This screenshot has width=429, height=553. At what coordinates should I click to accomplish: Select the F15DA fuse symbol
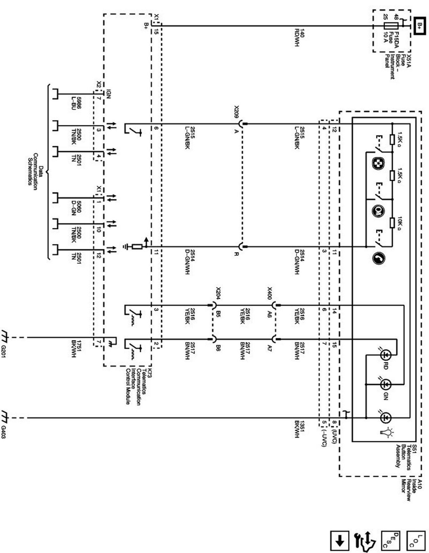click(x=391, y=26)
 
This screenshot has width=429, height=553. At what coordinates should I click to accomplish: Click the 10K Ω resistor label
click(x=399, y=224)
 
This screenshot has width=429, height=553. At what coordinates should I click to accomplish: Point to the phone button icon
click(x=378, y=258)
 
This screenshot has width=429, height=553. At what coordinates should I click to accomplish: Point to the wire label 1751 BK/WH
click(x=76, y=348)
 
